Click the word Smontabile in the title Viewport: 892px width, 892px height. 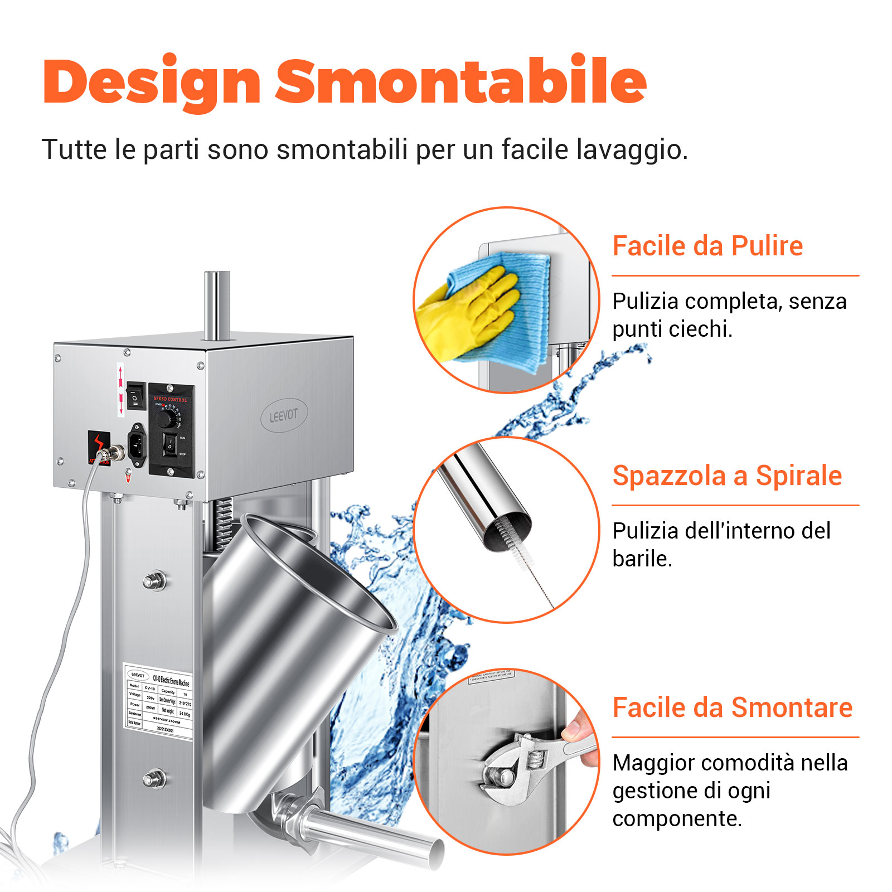[x=460, y=82]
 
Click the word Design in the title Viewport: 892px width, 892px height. [x=152, y=82]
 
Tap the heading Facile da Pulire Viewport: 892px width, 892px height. [x=707, y=246]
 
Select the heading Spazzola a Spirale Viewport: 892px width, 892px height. [x=726, y=476]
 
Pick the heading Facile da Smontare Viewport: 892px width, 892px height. [x=732, y=707]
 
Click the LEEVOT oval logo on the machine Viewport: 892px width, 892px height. [x=284, y=415]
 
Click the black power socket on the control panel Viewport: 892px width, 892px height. [x=137, y=444]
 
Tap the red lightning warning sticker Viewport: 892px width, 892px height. [x=99, y=444]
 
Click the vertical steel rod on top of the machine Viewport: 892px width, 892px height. [x=216, y=304]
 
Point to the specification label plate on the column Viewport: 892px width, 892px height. [x=158, y=701]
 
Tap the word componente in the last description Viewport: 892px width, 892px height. [x=676, y=818]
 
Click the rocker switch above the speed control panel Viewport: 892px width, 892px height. [x=135, y=396]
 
